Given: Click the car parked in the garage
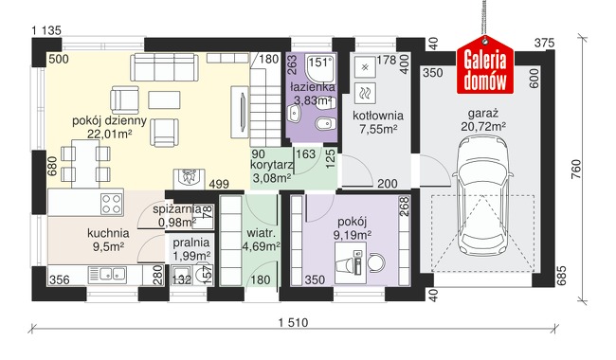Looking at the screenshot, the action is (x=482, y=196).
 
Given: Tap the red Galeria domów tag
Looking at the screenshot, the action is (x=485, y=65).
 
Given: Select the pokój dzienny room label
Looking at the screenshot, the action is (x=109, y=120).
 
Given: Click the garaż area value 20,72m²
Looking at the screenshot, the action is (x=483, y=126).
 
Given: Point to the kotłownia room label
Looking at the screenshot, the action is (x=378, y=116).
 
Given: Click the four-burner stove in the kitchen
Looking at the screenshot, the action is (x=112, y=204).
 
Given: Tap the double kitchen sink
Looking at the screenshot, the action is (x=107, y=274).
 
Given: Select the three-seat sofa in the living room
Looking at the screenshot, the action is (x=164, y=67).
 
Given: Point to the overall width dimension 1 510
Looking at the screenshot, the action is (x=293, y=323).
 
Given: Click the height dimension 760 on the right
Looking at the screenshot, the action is (x=575, y=170).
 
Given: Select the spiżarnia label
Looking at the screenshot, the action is (x=177, y=209).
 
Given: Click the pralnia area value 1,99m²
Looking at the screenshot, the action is (x=191, y=257).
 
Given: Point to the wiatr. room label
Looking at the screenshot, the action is (x=262, y=233).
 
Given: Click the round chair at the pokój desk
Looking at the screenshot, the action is (x=377, y=262).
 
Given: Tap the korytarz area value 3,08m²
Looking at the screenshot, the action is (x=272, y=178).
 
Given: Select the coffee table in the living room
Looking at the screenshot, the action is (x=164, y=99).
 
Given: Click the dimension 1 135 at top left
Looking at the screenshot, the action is (x=46, y=30).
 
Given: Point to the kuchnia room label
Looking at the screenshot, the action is (x=108, y=233).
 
